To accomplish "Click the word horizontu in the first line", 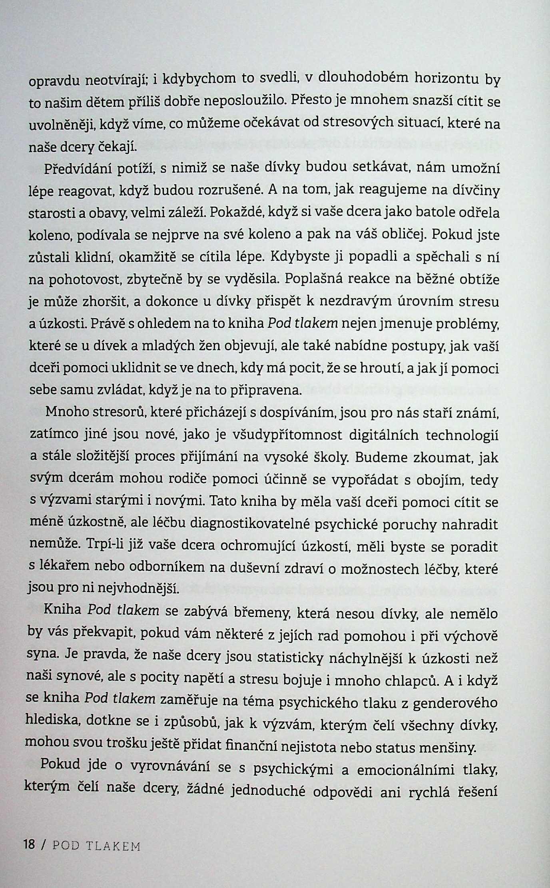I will point(445,78).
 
